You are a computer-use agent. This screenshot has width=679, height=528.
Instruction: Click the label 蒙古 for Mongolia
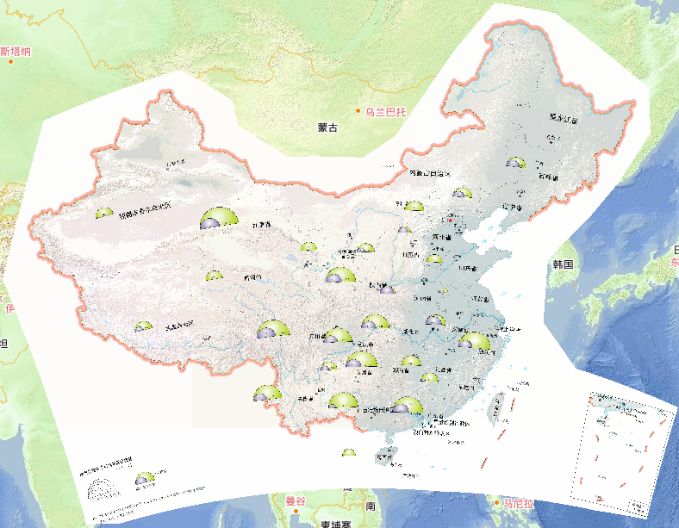coord(327,127)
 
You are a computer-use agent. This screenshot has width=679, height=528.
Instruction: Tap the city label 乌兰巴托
coord(384,111)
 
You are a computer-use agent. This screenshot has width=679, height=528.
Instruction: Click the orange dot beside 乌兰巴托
coord(358,111)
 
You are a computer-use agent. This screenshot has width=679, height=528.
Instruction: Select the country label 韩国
coord(564,264)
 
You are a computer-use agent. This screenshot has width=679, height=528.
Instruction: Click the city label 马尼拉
coord(520,503)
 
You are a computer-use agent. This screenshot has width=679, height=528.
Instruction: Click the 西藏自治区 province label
coord(170,326)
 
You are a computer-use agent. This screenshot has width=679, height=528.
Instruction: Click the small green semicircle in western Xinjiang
coord(104,212)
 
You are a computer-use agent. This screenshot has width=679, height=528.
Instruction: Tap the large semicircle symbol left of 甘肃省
coord(216,219)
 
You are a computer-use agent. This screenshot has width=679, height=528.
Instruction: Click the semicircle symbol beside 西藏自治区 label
coord(142,326)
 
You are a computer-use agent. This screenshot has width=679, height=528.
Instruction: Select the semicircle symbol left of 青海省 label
coord(213,276)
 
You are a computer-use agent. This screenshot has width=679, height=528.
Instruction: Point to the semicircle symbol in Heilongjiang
coord(515,163)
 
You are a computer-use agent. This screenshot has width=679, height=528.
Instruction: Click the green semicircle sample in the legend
coord(145,478)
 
